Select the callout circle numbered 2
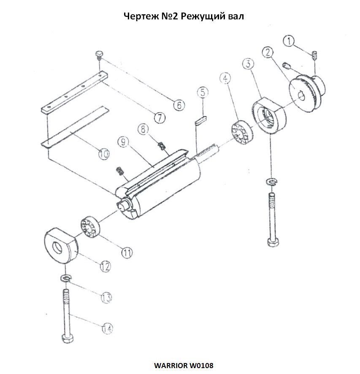tap(267, 52)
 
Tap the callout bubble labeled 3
tap(248, 64)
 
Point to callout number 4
tap(225, 78)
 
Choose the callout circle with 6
tap(179, 105)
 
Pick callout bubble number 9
tap(123, 143)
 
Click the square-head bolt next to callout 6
tap(100, 54)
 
